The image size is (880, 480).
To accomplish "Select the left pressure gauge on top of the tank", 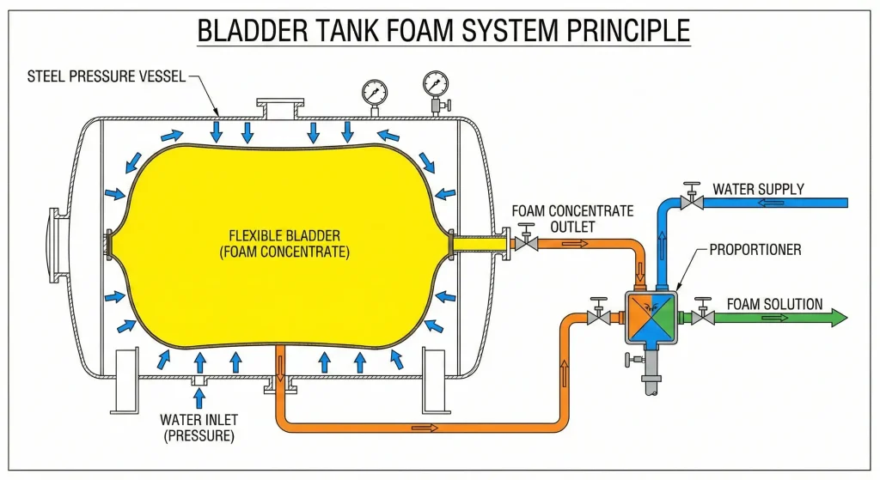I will pyautogui.click(x=375, y=92).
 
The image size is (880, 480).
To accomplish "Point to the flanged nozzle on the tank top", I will pyautogui.click(x=279, y=110).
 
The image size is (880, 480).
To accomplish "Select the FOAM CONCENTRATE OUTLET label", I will pyautogui.click(x=571, y=218).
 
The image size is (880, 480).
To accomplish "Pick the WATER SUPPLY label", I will pyautogui.click(x=758, y=188).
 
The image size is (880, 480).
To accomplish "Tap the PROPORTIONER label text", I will pyautogui.click(x=755, y=250).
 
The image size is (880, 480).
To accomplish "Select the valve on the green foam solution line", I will pyautogui.click(x=704, y=315).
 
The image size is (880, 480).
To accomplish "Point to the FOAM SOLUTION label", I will pyautogui.click(x=774, y=303).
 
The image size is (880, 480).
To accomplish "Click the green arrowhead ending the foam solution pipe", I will pyautogui.click(x=837, y=317).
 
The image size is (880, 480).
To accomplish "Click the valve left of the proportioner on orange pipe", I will pyautogui.click(x=596, y=315).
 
